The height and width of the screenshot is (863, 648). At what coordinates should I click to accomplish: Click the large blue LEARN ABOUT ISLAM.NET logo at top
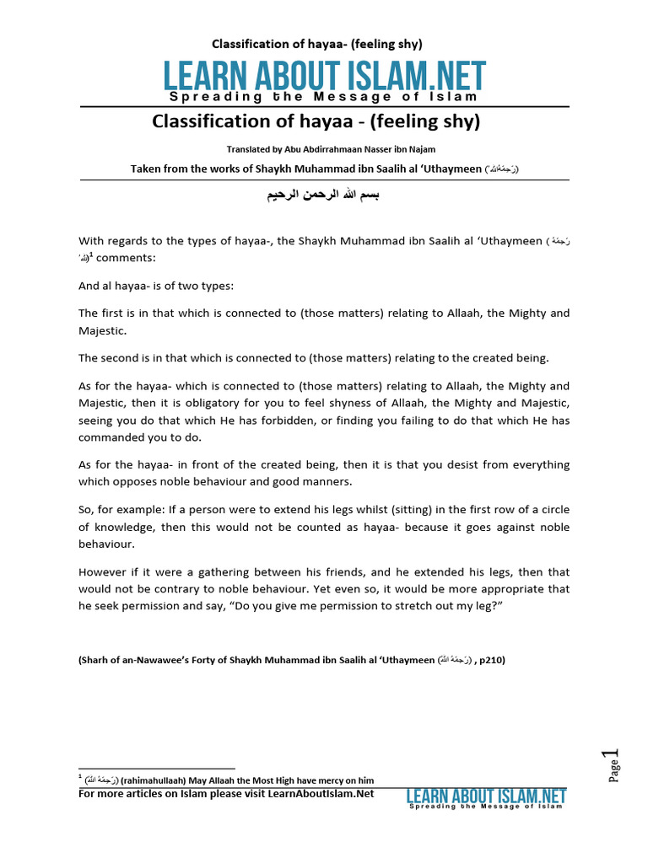coord(325,78)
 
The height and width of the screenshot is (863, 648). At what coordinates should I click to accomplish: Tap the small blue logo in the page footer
coord(486,796)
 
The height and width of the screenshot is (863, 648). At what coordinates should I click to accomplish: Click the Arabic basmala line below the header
coord(324,195)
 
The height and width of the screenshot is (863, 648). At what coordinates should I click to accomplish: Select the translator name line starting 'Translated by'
coord(324,148)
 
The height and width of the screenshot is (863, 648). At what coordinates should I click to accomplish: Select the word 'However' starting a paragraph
coord(103,571)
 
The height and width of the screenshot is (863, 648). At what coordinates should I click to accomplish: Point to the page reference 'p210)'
coord(490,660)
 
